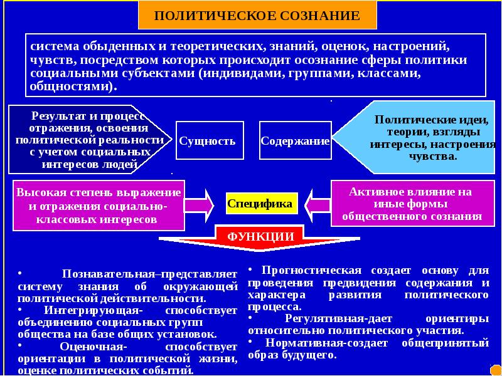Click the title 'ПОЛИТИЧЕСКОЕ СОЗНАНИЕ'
click(258, 15)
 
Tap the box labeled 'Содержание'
click(295, 141)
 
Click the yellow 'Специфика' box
click(260, 203)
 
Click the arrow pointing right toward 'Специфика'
click(200, 203)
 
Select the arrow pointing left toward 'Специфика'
click(318, 203)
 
